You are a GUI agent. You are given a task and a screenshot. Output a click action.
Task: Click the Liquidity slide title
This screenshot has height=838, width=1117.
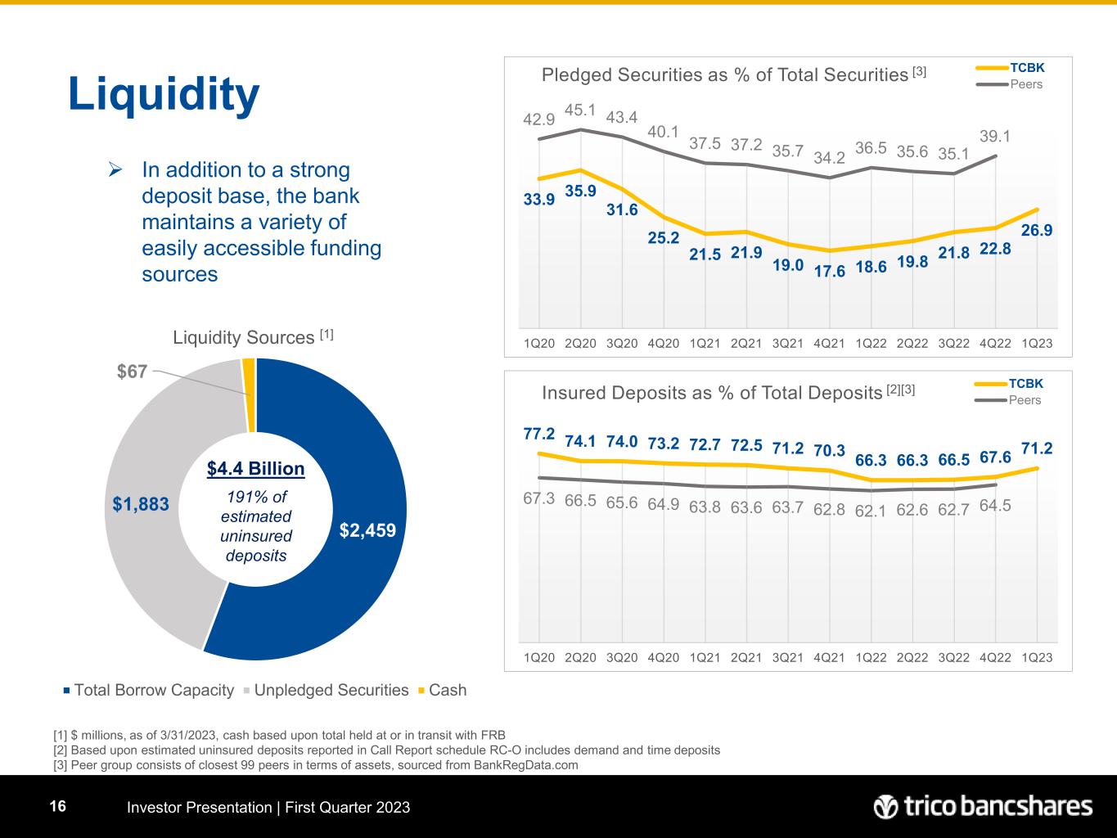point(164,94)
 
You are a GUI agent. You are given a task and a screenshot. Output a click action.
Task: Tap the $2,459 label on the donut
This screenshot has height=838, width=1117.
point(367,530)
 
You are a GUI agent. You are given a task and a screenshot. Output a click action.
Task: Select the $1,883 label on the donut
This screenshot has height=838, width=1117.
point(141,504)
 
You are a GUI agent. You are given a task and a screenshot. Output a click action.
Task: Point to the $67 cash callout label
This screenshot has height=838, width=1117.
point(132,371)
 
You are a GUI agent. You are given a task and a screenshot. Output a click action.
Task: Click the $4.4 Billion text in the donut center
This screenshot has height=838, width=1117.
point(255,469)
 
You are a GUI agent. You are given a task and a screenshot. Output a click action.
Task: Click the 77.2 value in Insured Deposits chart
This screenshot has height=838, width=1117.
point(539,433)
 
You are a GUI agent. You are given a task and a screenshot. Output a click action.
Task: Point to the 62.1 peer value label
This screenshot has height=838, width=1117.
point(872,511)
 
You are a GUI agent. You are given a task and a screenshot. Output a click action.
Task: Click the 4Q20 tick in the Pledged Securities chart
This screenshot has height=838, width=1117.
point(663,343)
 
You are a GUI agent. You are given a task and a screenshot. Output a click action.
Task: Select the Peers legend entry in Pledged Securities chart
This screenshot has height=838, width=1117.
point(1025,84)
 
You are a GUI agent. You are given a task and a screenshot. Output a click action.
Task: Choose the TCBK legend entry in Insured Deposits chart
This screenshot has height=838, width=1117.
point(1025,383)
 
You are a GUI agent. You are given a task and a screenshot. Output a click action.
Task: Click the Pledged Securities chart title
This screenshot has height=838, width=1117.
point(724,75)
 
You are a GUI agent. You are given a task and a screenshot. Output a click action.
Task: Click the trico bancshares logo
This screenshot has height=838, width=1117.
point(983,807)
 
